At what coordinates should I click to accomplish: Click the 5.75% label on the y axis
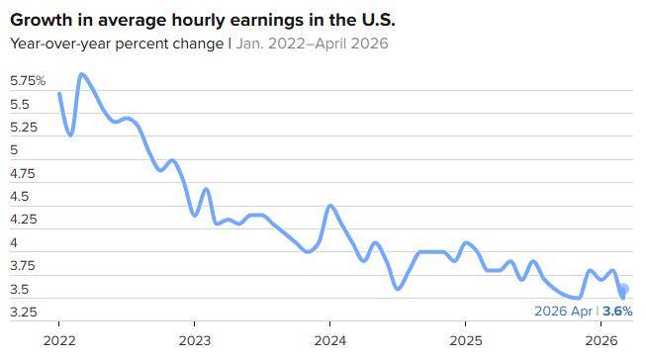tap(28, 81)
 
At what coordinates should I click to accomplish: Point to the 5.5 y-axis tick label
tap(20, 104)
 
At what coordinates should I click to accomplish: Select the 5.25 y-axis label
tap(24, 128)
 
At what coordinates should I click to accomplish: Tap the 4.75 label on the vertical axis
tap(23, 173)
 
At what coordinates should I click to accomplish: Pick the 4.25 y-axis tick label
tap(24, 220)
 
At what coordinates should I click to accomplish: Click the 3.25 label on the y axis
tap(24, 312)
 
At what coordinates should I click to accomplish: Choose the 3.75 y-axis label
tap(23, 266)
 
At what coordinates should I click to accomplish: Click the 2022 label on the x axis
tap(59, 340)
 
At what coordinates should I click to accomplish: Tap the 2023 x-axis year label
tap(195, 340)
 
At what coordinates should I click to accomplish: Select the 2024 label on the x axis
tap(330, 340)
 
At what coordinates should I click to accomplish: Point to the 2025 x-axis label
tap(466, 340)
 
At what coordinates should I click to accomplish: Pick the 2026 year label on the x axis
tap(601, 340)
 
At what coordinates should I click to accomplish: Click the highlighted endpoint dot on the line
tap(624, 289)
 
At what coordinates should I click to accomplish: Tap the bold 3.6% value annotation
tap(617, 311)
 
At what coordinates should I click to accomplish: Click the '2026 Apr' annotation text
tap(563, 312)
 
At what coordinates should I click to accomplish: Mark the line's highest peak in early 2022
tap(81, 74)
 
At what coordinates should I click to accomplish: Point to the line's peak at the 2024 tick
tap(330, 206)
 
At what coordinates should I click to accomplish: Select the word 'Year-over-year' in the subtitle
tap(60, 44)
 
